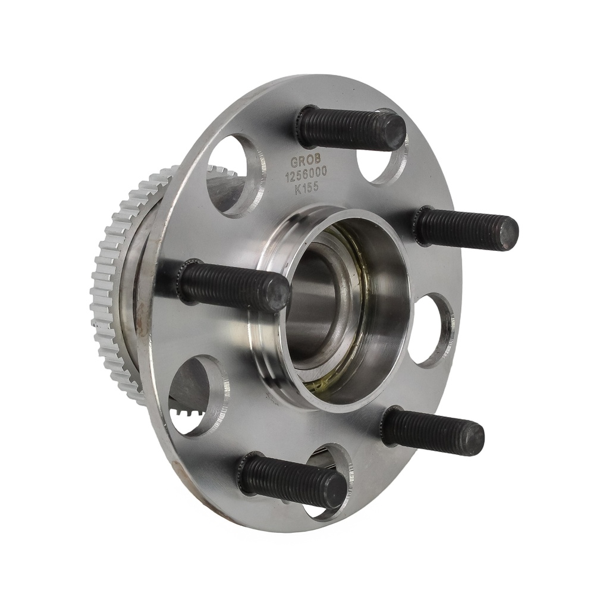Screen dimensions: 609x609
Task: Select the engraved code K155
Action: [307, 188]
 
